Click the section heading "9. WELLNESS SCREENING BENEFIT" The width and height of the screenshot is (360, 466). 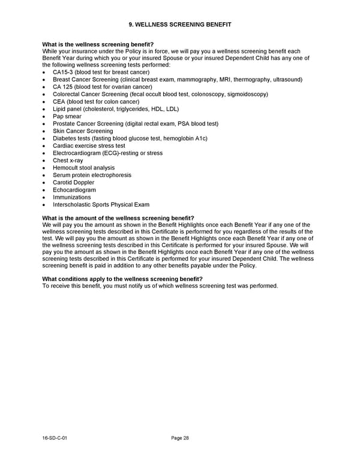[x=180, y=24]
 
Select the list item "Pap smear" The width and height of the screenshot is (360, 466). [x=67, y=116]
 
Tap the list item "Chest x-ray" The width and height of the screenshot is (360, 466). [x=68, y=160]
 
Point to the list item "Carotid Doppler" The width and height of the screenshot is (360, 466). [x=73, y=183]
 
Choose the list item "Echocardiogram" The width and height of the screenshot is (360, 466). [x=74, y=190]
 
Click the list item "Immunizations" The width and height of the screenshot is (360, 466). [x=71, y=197]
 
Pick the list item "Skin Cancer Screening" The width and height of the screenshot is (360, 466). [x=83, y=131]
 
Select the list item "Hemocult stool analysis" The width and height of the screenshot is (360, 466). [x=83, y=168]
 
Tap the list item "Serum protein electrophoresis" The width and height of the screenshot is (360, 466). [x=92, y=175]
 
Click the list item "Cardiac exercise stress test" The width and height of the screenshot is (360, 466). [x=89, y=146]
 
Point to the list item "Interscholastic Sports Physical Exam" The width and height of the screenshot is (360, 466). [x=101, y=205]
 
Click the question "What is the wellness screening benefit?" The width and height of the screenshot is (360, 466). [x=98, y=44]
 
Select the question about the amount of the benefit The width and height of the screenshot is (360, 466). [x=118, y=217]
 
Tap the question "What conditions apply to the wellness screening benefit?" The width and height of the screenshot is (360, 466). [x=122, y=279]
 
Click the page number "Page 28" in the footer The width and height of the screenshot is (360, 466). [x=180, y=438]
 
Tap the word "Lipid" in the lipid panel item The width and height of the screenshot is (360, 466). [x=60, y=109]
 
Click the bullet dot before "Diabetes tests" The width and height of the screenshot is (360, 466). [x=44, y=139]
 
